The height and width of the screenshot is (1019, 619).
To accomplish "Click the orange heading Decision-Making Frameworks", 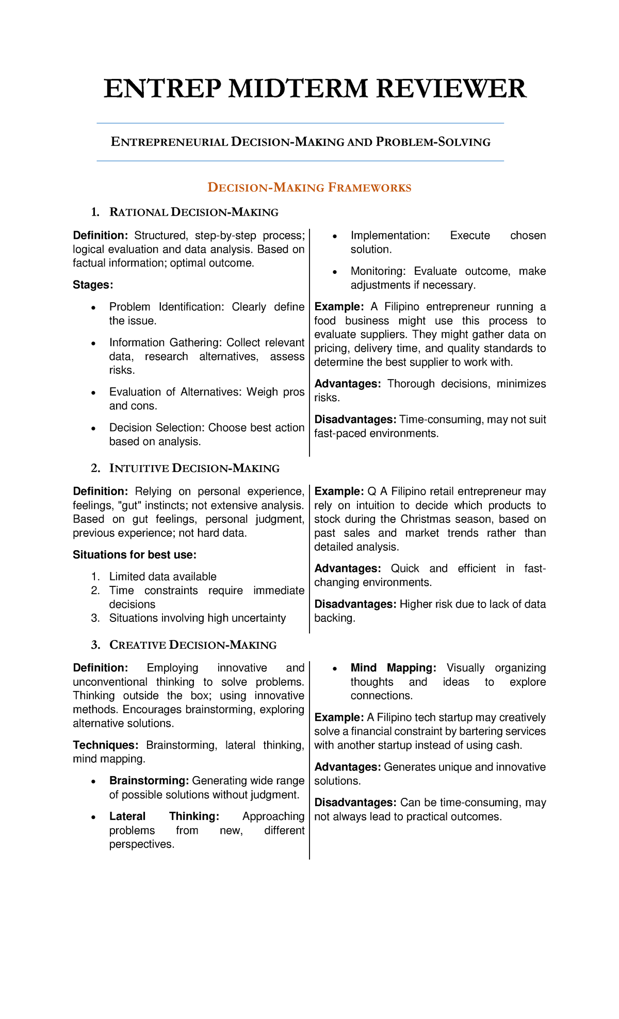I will click(309, 187).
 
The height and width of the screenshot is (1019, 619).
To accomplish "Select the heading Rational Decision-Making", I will click(193, 212).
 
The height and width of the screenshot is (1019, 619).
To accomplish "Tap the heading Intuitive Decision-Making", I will click(194, 468).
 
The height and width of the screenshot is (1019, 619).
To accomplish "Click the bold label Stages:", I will click(93, 285).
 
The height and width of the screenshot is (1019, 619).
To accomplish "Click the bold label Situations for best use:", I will click(135, 555).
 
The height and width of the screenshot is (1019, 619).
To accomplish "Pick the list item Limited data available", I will click(162, 577).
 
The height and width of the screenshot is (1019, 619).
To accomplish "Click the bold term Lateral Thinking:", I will click(164, 816).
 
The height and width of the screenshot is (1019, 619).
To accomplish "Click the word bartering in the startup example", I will click(471, 731).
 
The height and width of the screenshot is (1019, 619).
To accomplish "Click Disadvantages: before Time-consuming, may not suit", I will click(355, 420).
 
